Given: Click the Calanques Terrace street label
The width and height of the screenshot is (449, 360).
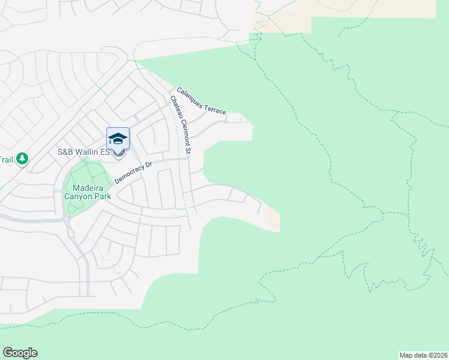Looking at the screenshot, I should (x=201, y=100).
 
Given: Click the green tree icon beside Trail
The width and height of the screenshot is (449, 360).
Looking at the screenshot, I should (x=22, y=159).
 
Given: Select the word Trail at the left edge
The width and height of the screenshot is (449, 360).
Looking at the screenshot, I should (x=6, y=160).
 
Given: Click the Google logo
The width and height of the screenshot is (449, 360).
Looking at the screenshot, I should (x=20, y=353).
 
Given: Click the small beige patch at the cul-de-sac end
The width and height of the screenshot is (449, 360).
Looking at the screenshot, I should (x=272, y=220).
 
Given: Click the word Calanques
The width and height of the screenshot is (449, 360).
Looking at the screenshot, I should (x=190, y=94).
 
